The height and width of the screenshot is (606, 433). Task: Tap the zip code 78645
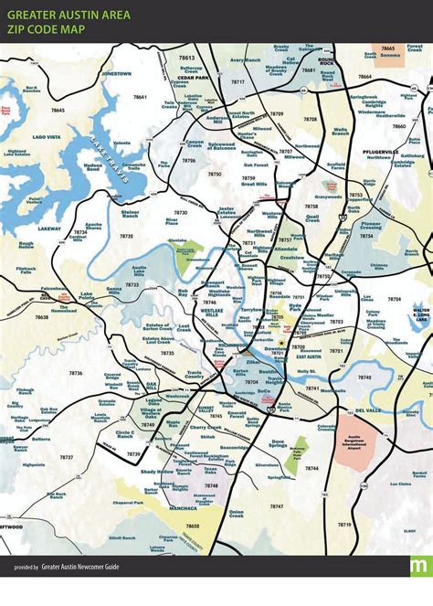[x=58, y=110]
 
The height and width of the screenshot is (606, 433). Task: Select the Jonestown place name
[x=117, y=72]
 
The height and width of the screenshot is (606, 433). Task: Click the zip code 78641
[x=140, y=96]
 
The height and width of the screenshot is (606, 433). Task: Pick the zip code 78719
[x=343, y=525]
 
